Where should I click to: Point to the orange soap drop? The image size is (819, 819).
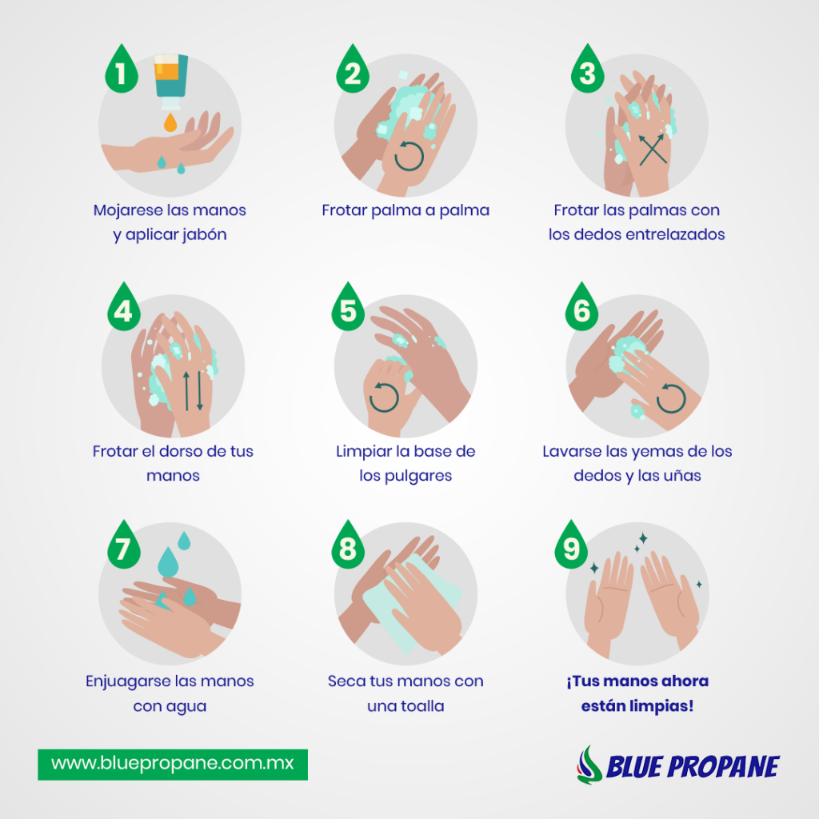(x=170, y=123)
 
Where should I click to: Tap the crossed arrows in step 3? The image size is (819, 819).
(x=653, y=150)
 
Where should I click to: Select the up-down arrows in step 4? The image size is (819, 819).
(x=193, y=390)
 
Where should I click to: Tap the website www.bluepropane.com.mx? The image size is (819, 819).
(x=173, y=764)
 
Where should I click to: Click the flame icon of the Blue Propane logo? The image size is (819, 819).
(x=589, y=765)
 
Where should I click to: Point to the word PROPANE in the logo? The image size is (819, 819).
(x=723, y=767)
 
